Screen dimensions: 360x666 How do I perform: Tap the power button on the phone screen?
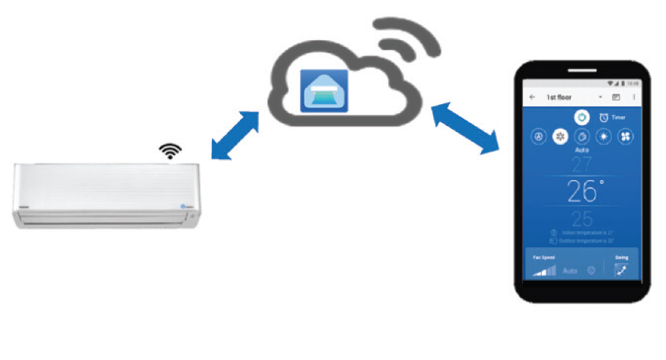click(x=581, y=117)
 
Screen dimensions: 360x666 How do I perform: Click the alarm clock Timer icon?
click(x=604, y=117)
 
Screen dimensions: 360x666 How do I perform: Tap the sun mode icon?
click(x=603, y=136)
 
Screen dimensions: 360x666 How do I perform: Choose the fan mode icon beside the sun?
click(x=625, y=136)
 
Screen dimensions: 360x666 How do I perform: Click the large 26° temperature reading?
click(x=583, y=191)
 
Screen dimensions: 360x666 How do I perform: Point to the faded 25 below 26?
click(x=582, y=218)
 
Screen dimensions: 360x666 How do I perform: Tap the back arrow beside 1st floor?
click(x=533, y=97)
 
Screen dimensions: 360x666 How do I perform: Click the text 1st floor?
click(x=558, y=97)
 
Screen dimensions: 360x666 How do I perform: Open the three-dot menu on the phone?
click(x=634, y=97)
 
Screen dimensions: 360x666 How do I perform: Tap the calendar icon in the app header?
click(x=616, y=97)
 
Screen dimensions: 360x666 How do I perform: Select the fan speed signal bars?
click(x=544, y=270)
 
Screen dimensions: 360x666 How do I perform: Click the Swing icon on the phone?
click(x=621, y=269)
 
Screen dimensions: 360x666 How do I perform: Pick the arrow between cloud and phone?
click(x=464, y=128)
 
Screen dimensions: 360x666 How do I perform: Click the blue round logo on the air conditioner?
click(x=182, y=206)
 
